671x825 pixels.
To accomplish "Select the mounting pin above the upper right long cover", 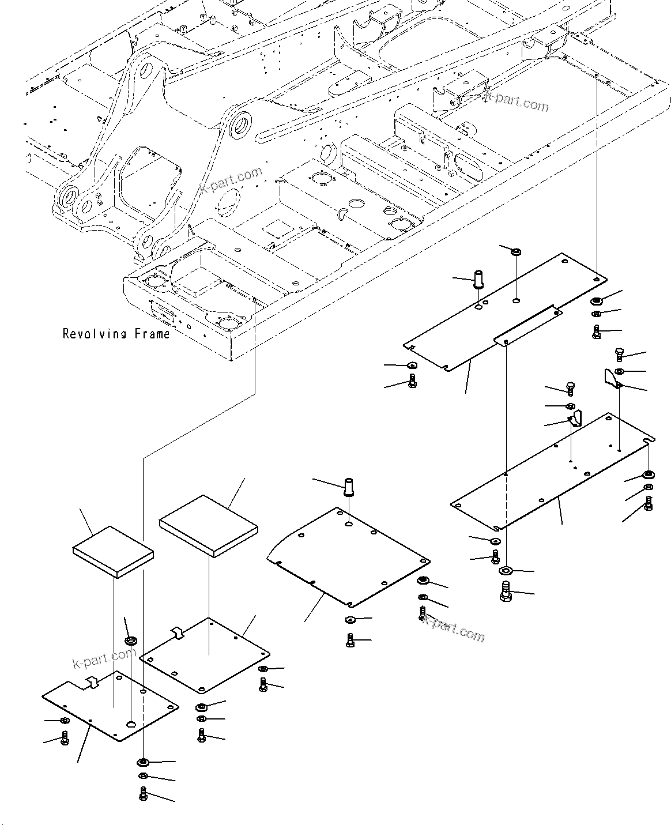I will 478,279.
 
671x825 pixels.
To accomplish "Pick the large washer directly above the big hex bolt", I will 506,571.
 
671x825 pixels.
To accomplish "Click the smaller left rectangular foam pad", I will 113,551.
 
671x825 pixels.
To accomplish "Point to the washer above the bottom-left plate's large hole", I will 131,641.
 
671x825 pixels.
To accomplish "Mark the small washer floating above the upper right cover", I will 517,251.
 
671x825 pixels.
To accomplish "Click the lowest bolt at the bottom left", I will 143,794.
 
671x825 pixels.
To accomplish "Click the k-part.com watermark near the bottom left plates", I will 104,657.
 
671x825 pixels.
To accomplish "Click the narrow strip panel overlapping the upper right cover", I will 527,326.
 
